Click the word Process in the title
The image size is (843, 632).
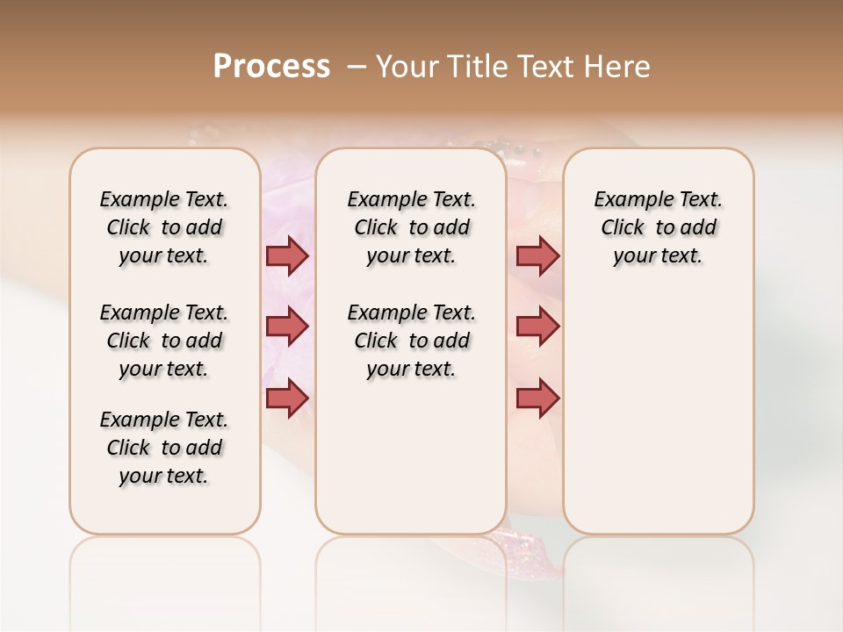coord(271,67)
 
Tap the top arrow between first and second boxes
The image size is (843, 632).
coord(287,255)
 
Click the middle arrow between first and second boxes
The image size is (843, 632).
coord(287,327)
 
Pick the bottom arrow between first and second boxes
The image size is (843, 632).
coord(287,398)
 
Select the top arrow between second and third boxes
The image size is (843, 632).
coord(537,255)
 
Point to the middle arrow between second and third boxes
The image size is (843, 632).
coord(537,327)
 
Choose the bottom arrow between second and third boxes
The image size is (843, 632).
coord(537,398)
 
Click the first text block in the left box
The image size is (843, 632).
coord(164,227)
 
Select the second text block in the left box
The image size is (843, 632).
coord(164,341)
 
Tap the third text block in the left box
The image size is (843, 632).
coord(164,448)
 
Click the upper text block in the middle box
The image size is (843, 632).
coord(411,227)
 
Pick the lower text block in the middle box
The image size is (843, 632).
coord(411,341)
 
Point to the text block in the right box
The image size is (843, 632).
coord(659,227)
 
